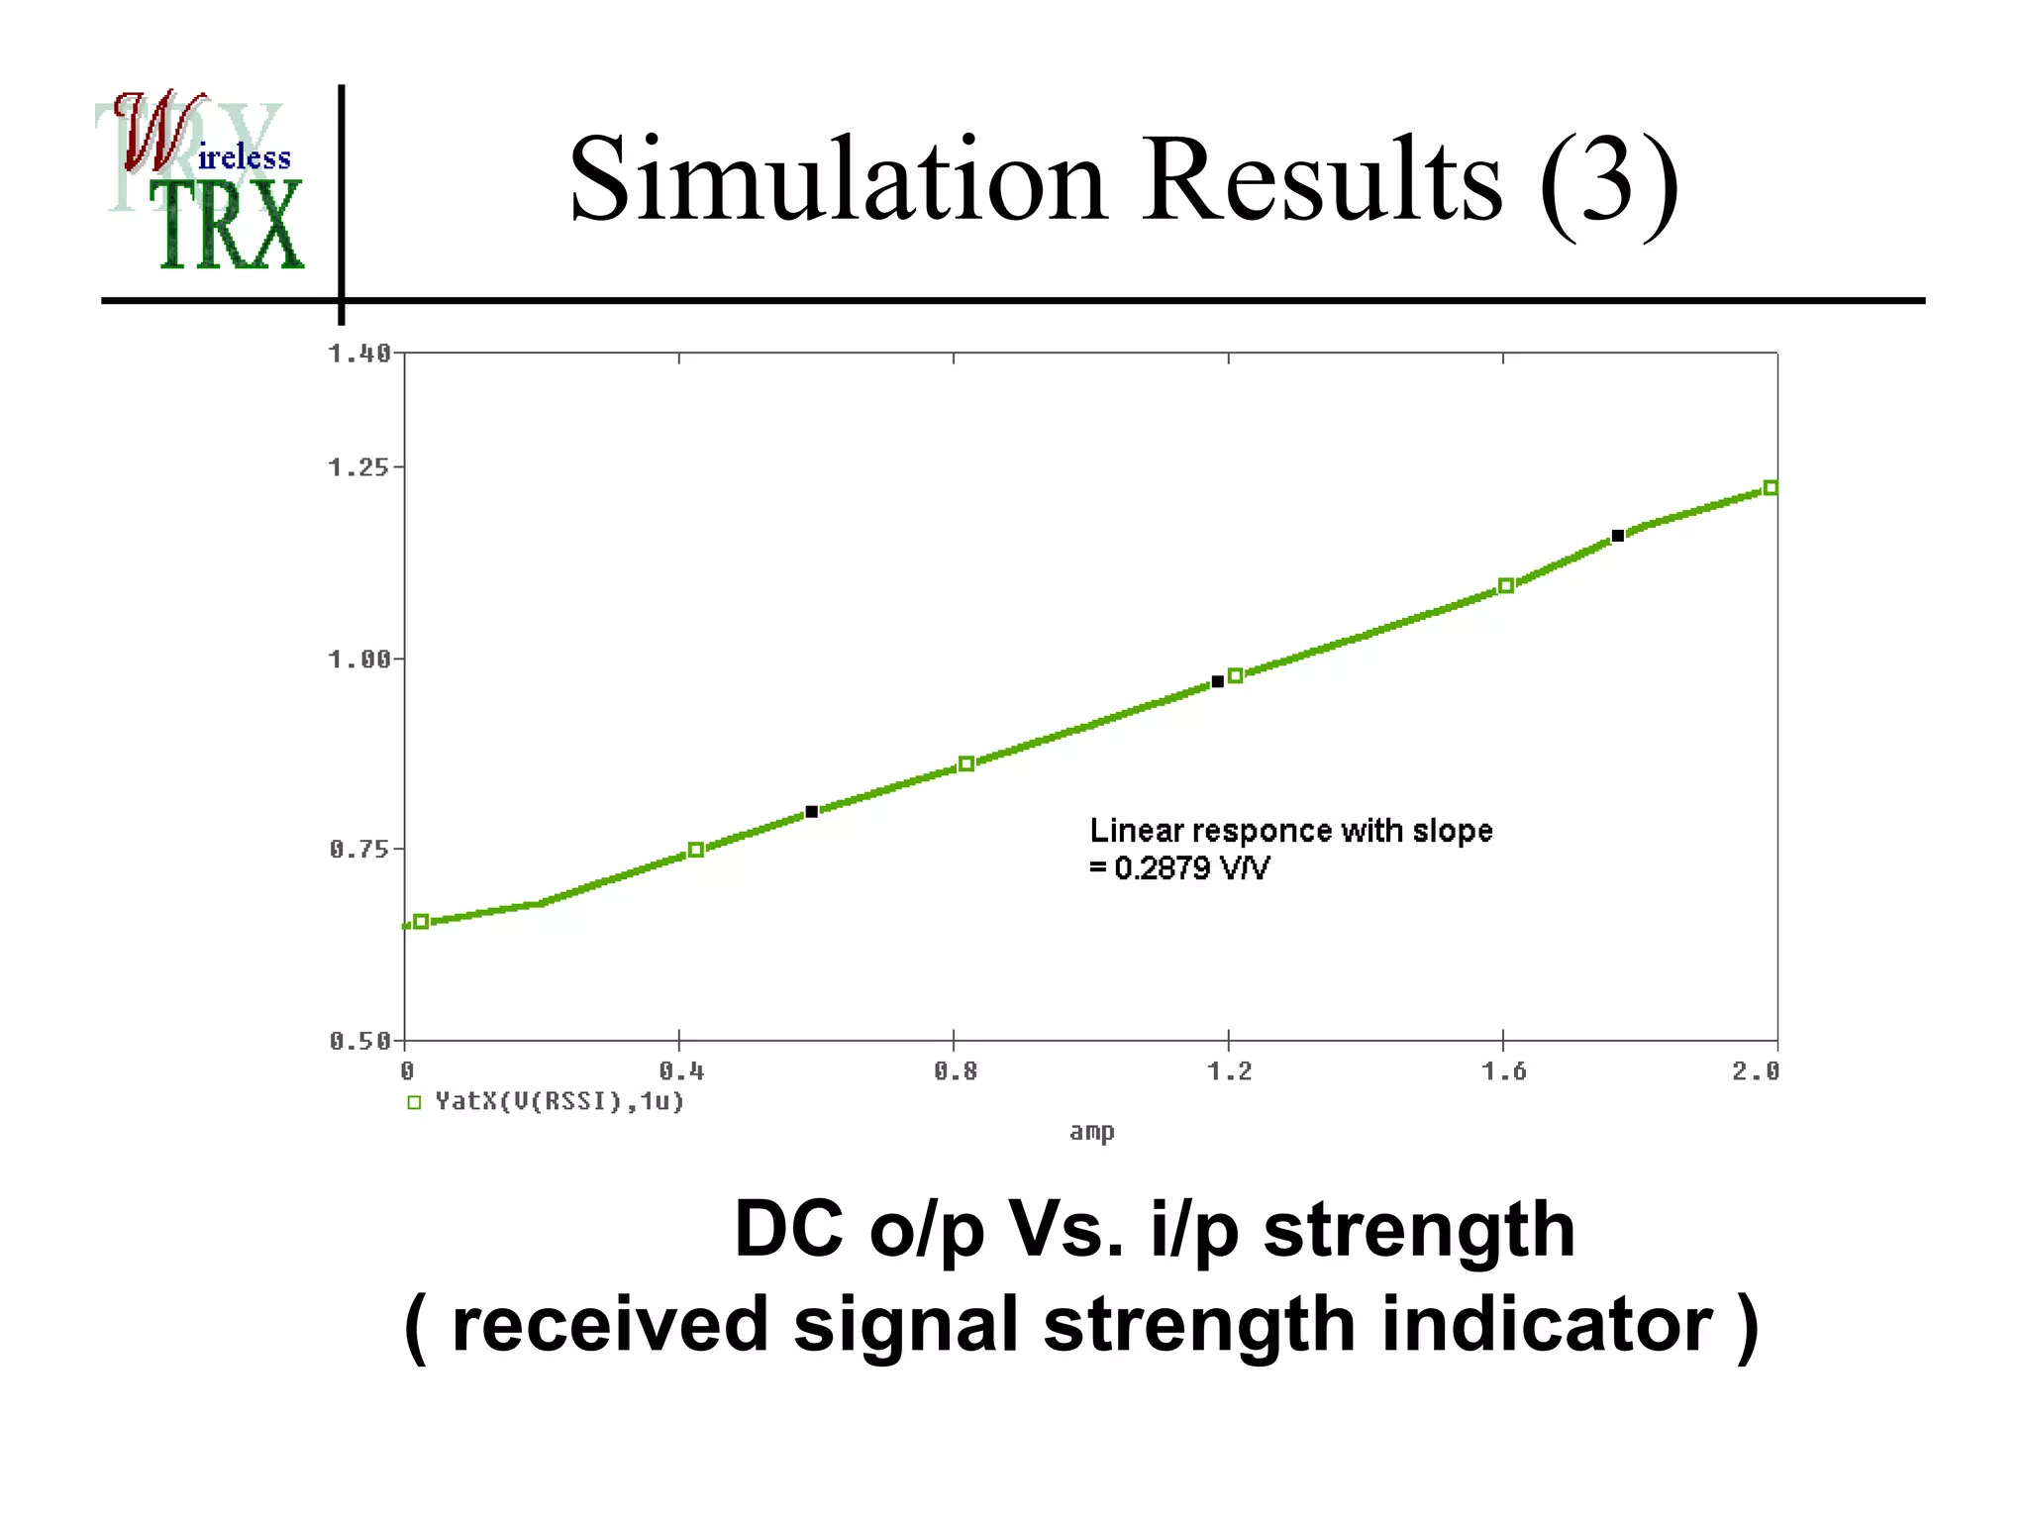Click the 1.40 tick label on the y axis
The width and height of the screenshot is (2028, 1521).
click(358, 354)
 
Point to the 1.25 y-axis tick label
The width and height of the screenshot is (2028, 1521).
click(358, 467)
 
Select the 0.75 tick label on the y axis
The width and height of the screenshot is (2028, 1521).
click(358, 850)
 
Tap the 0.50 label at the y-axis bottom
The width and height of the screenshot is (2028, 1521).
click(358, 1041)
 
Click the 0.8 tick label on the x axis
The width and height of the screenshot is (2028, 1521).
click(955, 1071)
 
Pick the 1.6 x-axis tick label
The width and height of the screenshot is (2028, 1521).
click(1503, 1071)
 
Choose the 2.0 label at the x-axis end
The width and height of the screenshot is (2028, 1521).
click(1755, 1071)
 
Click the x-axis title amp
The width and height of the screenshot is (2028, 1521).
click(1091, 1132)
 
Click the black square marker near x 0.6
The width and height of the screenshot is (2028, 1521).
click(811, 812)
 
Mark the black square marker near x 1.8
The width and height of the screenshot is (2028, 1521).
click(1617, 536)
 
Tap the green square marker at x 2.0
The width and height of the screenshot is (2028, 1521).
click(1771, 488)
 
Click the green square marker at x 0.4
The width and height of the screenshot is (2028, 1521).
click(695, 850)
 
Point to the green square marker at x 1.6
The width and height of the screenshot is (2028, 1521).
click(1505, 586)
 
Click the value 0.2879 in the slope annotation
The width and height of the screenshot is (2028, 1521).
click(1162, 868)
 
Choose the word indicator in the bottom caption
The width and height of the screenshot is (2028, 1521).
click(1546, 1324)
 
